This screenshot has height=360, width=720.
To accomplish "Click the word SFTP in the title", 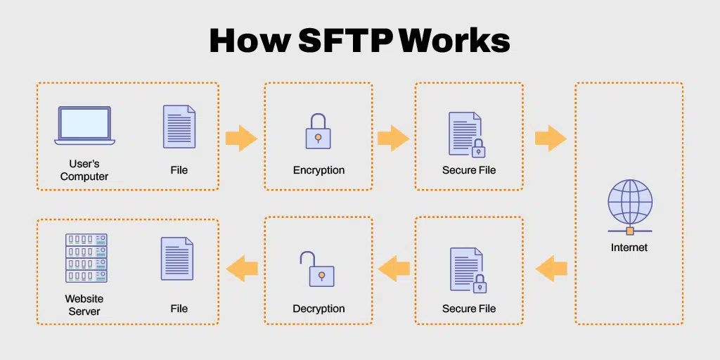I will pyautogui.click(x=345, y=41).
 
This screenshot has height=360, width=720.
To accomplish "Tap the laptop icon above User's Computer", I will pyautogui.click(x=84, y=126).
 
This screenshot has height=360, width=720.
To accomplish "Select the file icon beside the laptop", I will pyautogui.click(x=179, y=127).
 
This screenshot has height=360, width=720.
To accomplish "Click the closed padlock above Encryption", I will pyautogui.click(x=319, y=131).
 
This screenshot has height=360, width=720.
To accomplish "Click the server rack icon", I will pyautogui.click(x=86, y=258).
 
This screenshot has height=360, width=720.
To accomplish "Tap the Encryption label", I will pyautogui.click(x=319, y=170).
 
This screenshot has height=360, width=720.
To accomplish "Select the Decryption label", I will pyautogui.click(x=319, y=309).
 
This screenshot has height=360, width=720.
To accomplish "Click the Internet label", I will pyautogui.click(x=629, y=247).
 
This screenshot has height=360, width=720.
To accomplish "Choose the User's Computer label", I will pyautogui.click(x=84, y=170).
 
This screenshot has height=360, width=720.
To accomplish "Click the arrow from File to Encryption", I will pyautogui.click(x=241, y=138).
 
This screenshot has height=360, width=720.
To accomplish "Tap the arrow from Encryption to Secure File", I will pyautogui.click(x=393, y=138).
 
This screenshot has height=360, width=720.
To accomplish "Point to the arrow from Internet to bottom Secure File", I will pyautogui.click(x=551, y=268).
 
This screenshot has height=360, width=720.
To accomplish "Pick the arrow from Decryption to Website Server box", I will pyautogui.click(x=241, y=268).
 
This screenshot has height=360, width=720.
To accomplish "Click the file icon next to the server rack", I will pyautogui.click(x=177, y=259).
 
